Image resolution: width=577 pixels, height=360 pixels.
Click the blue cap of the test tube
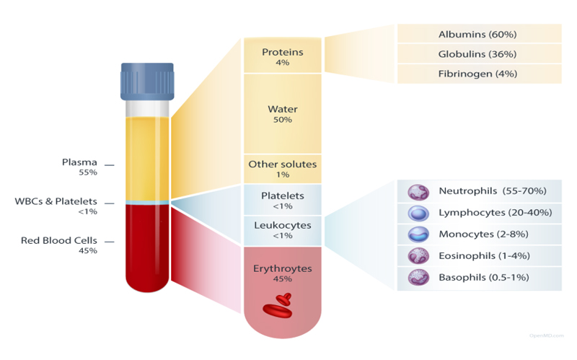pyautogui.click(x=147, y=82)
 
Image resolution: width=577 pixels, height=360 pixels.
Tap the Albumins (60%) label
pyautogui.click(x=477, y=34)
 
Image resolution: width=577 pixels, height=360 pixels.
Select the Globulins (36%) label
pyautogui.click(x=477, y=54)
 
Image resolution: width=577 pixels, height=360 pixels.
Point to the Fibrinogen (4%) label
pyautogui.click(x=477, y=74)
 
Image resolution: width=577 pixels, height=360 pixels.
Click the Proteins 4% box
pyautogui.click(x=283, y=56)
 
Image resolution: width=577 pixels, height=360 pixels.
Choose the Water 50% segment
pyautogui.click(x=283, y=113)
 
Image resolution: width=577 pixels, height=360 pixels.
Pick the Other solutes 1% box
pyautogui.click(x=283, y=169)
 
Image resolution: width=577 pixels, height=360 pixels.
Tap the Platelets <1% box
pyautogui.click(x=283, y=200)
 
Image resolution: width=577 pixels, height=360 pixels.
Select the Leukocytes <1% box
pyautogui.click(x=283, y=231)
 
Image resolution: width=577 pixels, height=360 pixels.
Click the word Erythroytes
pyautogui.click(x=283, y=268)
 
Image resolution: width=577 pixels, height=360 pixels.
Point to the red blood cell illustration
pyautogui.click(x=278, y=305)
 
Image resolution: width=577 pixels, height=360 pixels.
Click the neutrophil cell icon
pyautogui.click(x=418, y=192)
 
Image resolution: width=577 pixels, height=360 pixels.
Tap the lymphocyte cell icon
pyautogui.click(x=418, y=213)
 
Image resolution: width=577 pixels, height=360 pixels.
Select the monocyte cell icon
pyautogui.click(x=418, y=234)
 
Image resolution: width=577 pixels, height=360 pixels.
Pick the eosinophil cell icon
pyautogui.click(x=418, y=256)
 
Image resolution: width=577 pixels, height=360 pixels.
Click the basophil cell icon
pyautogui.click(x=418, y=278)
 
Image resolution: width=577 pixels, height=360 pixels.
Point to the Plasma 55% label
pyautogui.click(x=79, y=167)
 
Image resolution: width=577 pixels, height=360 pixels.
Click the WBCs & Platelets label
pyautogui.click(x=56, y=201)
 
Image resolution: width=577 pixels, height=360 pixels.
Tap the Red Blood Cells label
pyautogui.click(x=59, y=241)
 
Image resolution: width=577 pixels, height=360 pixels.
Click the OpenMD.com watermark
pyautogui.click(x=547, y=335)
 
